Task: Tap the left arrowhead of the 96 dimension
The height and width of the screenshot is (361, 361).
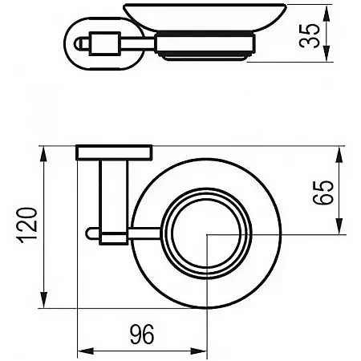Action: click(82, 351)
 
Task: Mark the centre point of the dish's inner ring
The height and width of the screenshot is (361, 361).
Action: click(207, 233)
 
